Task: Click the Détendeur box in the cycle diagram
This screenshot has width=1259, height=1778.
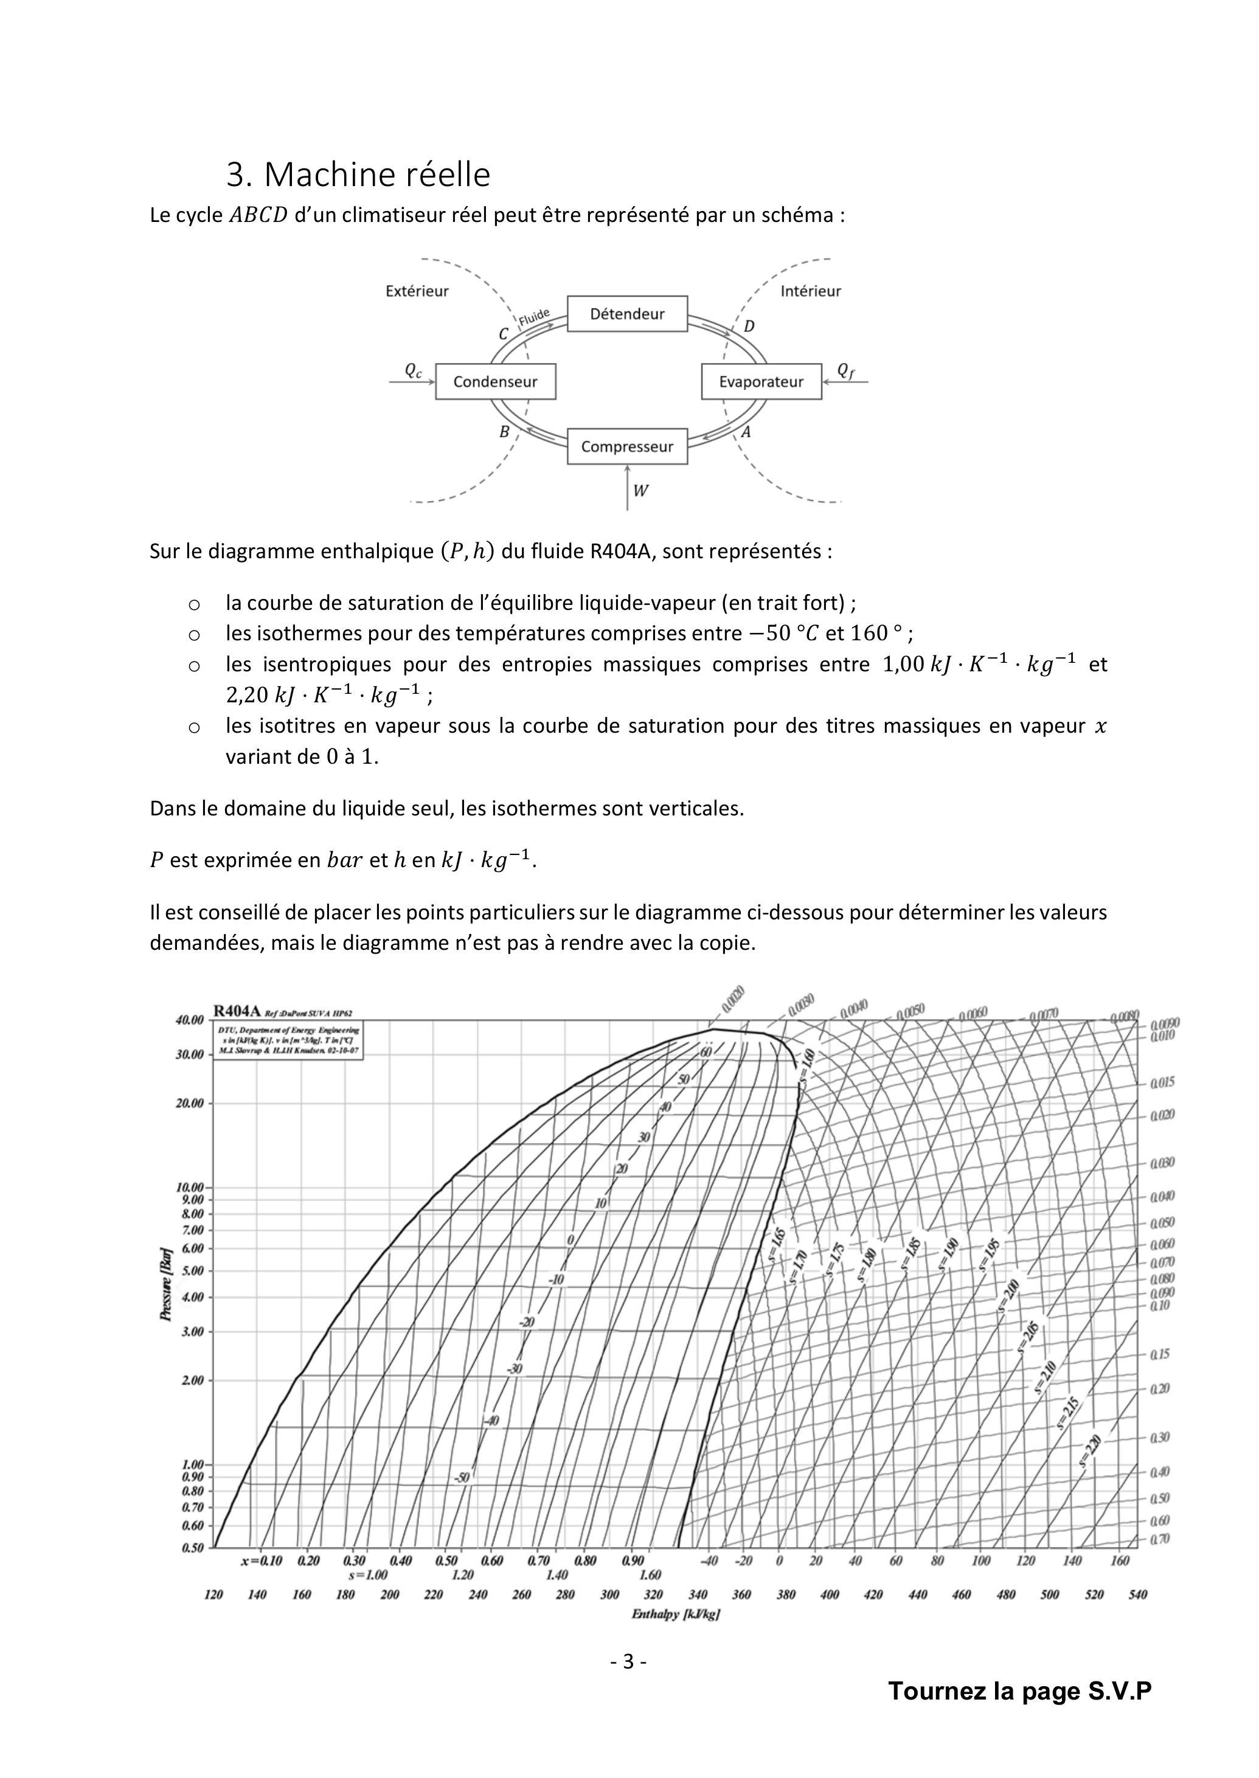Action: click(x=627, y=314)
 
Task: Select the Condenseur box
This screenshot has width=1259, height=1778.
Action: click(x=495, y=381)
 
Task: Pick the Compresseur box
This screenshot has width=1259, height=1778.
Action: click(x=627, y=446)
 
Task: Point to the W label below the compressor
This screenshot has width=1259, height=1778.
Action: click(x=640, y=491)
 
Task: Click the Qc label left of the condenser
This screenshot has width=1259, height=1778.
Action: click(x=413, y=372)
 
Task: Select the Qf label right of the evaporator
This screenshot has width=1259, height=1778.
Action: click(x=846, y=372)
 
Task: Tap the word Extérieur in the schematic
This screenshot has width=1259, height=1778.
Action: click(x=417, y=291)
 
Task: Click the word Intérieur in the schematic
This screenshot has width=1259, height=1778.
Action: click(x=810, y=291)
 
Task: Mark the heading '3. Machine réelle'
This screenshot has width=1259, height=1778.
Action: click(x=358, y=175)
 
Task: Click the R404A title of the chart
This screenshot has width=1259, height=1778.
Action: click(x=237, y=1011)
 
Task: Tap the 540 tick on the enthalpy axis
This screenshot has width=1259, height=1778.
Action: click(x=1137, y=1594)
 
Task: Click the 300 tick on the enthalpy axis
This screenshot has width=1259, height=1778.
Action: click(x=609, y=1594)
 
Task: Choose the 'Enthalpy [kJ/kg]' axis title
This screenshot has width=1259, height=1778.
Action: click(x=675, y=1614)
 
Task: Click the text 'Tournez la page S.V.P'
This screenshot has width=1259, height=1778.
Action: click(x=1019, y=1690)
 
